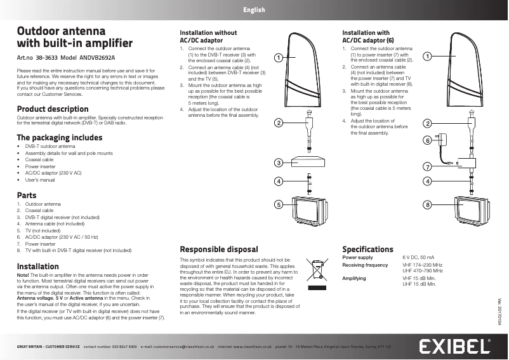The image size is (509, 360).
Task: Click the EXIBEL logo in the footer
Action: (454, 347)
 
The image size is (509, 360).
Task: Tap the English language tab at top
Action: (254, 10)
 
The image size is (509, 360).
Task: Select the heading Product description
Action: (53, 109)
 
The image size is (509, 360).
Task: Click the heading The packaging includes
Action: (59, 137)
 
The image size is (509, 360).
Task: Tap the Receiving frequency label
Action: (365, 265)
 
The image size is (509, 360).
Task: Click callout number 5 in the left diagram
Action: (278, 204)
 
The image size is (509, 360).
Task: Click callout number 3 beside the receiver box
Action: (278, 163)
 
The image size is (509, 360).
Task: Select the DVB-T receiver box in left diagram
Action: (308, 161)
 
